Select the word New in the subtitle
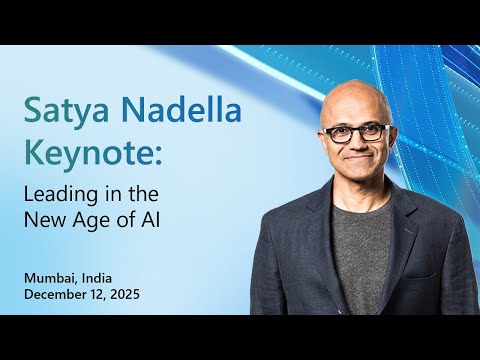click(66, 215)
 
